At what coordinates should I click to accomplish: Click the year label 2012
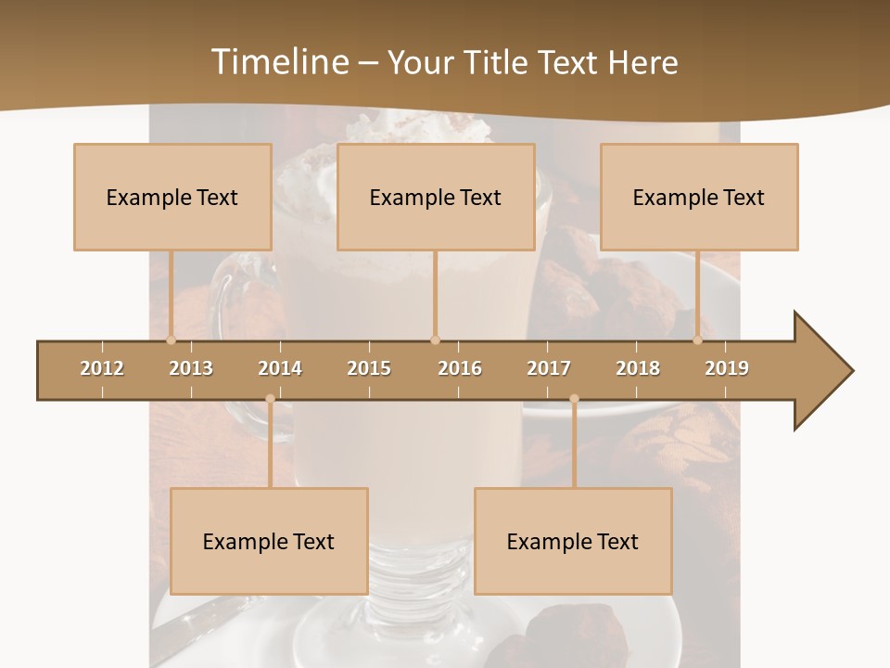click(x=102, y=368)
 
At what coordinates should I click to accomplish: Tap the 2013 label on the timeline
click(x=191, y=368)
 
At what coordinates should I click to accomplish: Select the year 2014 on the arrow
click(x=280, y=368)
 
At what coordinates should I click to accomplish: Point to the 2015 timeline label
click(x=369, y=368)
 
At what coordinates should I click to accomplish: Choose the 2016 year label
click(x=460, y=368)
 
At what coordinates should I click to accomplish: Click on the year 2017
click(x=549, y=368)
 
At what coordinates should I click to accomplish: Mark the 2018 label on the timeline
click(x=638, y=368)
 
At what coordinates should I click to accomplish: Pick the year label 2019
click(x=727, y=368)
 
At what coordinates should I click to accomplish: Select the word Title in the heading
click(x=499, y=62)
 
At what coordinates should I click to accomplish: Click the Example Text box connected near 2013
click(x=172, y=197)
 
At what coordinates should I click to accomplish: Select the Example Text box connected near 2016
click(x=436, y=197)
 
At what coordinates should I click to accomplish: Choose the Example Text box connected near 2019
click(x=699, y=197)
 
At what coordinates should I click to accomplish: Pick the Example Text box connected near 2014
click(x=269, y=541)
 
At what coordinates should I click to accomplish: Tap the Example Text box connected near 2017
click(x=573, y=541)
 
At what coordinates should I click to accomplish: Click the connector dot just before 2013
click(x=171, y=340)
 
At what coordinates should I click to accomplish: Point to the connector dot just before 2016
click(x=435, y=340)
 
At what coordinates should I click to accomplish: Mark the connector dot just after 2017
click(x=574, y=399)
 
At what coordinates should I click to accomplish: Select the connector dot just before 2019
click(x=698, y=340)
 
